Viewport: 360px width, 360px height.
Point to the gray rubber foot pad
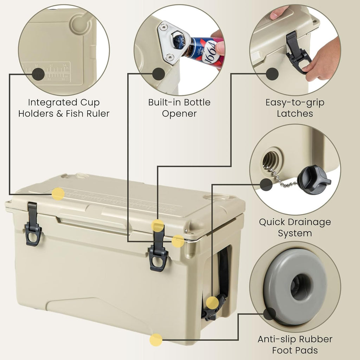coord(295,287)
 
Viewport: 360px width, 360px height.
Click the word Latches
coord(295,114)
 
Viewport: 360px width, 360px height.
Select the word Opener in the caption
coord(179,114)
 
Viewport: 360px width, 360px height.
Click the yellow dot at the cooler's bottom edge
coord(156,340)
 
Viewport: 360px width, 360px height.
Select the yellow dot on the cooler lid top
coord(58,194)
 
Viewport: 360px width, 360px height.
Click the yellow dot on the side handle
coord(212,302)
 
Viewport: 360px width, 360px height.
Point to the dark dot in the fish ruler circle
coord(38,74)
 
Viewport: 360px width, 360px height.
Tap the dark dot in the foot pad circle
coord(270,314)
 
